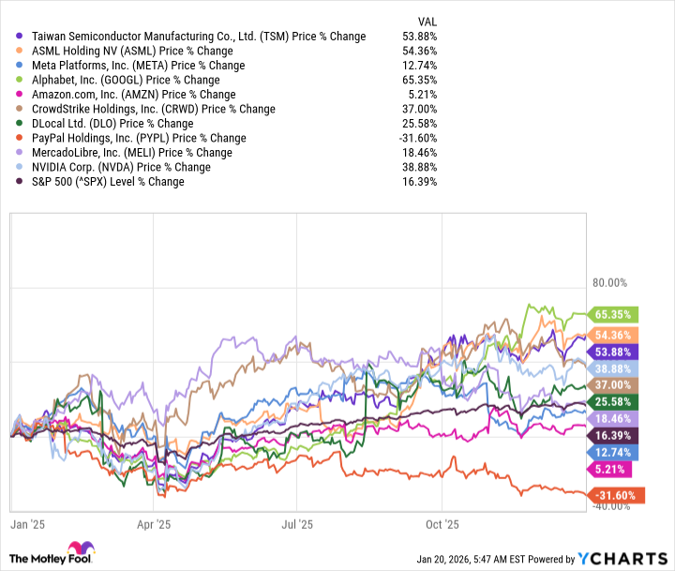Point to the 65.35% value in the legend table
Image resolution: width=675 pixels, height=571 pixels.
coord(418,81)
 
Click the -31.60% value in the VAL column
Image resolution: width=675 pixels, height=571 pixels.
coord(416,139)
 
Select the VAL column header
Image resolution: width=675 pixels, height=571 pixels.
coord(426,21)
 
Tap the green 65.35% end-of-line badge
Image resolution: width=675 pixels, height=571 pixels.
coord(612,315)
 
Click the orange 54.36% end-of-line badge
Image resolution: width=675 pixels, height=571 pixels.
coord(612,335)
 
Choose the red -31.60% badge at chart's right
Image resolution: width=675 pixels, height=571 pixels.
coord(612,494)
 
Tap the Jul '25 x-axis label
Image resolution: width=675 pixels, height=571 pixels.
coord(297,527)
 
